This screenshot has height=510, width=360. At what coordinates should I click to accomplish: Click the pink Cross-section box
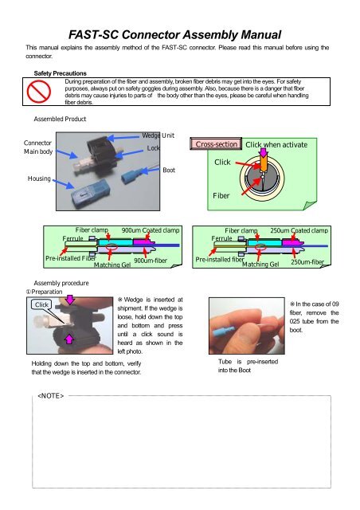[214, 144]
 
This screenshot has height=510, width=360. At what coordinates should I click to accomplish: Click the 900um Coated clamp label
[150, 230]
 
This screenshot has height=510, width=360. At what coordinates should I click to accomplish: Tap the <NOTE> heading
[50, 396]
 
